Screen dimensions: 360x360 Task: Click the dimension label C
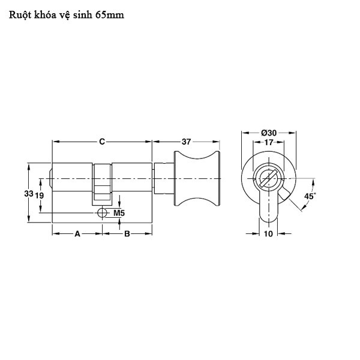[x=102, y=142]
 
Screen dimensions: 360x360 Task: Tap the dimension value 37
[x=186, y=142]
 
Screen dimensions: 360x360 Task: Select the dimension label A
[x=77, y=234]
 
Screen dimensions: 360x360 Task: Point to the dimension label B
[x=127, y=234]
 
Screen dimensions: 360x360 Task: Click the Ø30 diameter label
[x=268, y=133]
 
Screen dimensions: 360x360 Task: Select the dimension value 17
[x=268, y=142]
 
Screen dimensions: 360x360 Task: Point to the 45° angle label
[x=310, y=196]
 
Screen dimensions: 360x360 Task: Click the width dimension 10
[x=268, y=234]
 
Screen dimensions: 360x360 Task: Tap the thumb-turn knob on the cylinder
[x=197, y=178]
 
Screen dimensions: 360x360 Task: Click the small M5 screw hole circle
[x=101, y=213]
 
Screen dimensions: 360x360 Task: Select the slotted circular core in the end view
[x=268, y=178]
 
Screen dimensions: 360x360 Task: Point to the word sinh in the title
[x=83, y=15]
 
